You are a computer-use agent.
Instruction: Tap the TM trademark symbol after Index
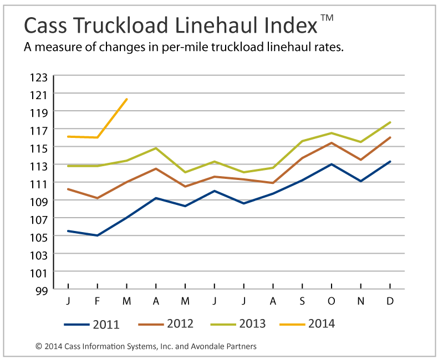tap(327, 18)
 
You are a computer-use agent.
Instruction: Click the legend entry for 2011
tap(91, 324)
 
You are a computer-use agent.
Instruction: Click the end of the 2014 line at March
tap(127, 99)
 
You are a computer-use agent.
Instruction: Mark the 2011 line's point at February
tap(98, 235)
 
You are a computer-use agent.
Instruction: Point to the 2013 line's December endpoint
tap(390, 122)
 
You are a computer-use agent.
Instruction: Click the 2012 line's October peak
tap(332, 143)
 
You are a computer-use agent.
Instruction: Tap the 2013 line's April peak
tap(156, 148)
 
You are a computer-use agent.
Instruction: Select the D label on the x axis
tap(390, 301)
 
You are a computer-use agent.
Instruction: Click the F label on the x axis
tap(98, 301)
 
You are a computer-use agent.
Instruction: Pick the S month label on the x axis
tap(302, 301)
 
